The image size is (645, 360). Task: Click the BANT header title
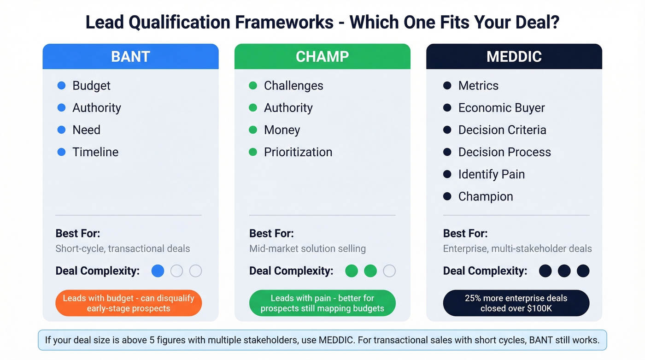(x=130, y=57)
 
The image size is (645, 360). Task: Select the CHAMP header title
(x=322, y=57)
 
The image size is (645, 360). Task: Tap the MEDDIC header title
(x=514, y=57)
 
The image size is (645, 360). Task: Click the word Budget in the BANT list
(x=91, y=86)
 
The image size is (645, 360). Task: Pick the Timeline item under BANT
(x=95, y=152)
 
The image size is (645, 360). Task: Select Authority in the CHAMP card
(x=288, y=108)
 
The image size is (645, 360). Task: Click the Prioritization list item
(x=298, y=152)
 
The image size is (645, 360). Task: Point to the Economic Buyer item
(x=501, y=108)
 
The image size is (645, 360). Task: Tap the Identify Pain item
(x=491, y=174)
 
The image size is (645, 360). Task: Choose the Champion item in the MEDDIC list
(x=485, y=196)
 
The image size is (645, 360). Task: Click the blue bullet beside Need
(x=61, y=130)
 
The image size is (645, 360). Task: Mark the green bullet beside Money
(x=253, y=130)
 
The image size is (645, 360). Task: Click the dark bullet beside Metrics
(x=447, y=86)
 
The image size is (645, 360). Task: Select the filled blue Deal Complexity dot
(x=158, y=271)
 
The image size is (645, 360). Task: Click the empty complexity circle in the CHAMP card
(x=389, y=271)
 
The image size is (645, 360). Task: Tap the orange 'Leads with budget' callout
(x=129, y=303)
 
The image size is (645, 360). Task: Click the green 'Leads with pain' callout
(x=322, y=303)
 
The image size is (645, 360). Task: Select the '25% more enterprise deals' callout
(x=516, y=303)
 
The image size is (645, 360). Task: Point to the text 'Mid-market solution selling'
(x=307, y=249)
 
